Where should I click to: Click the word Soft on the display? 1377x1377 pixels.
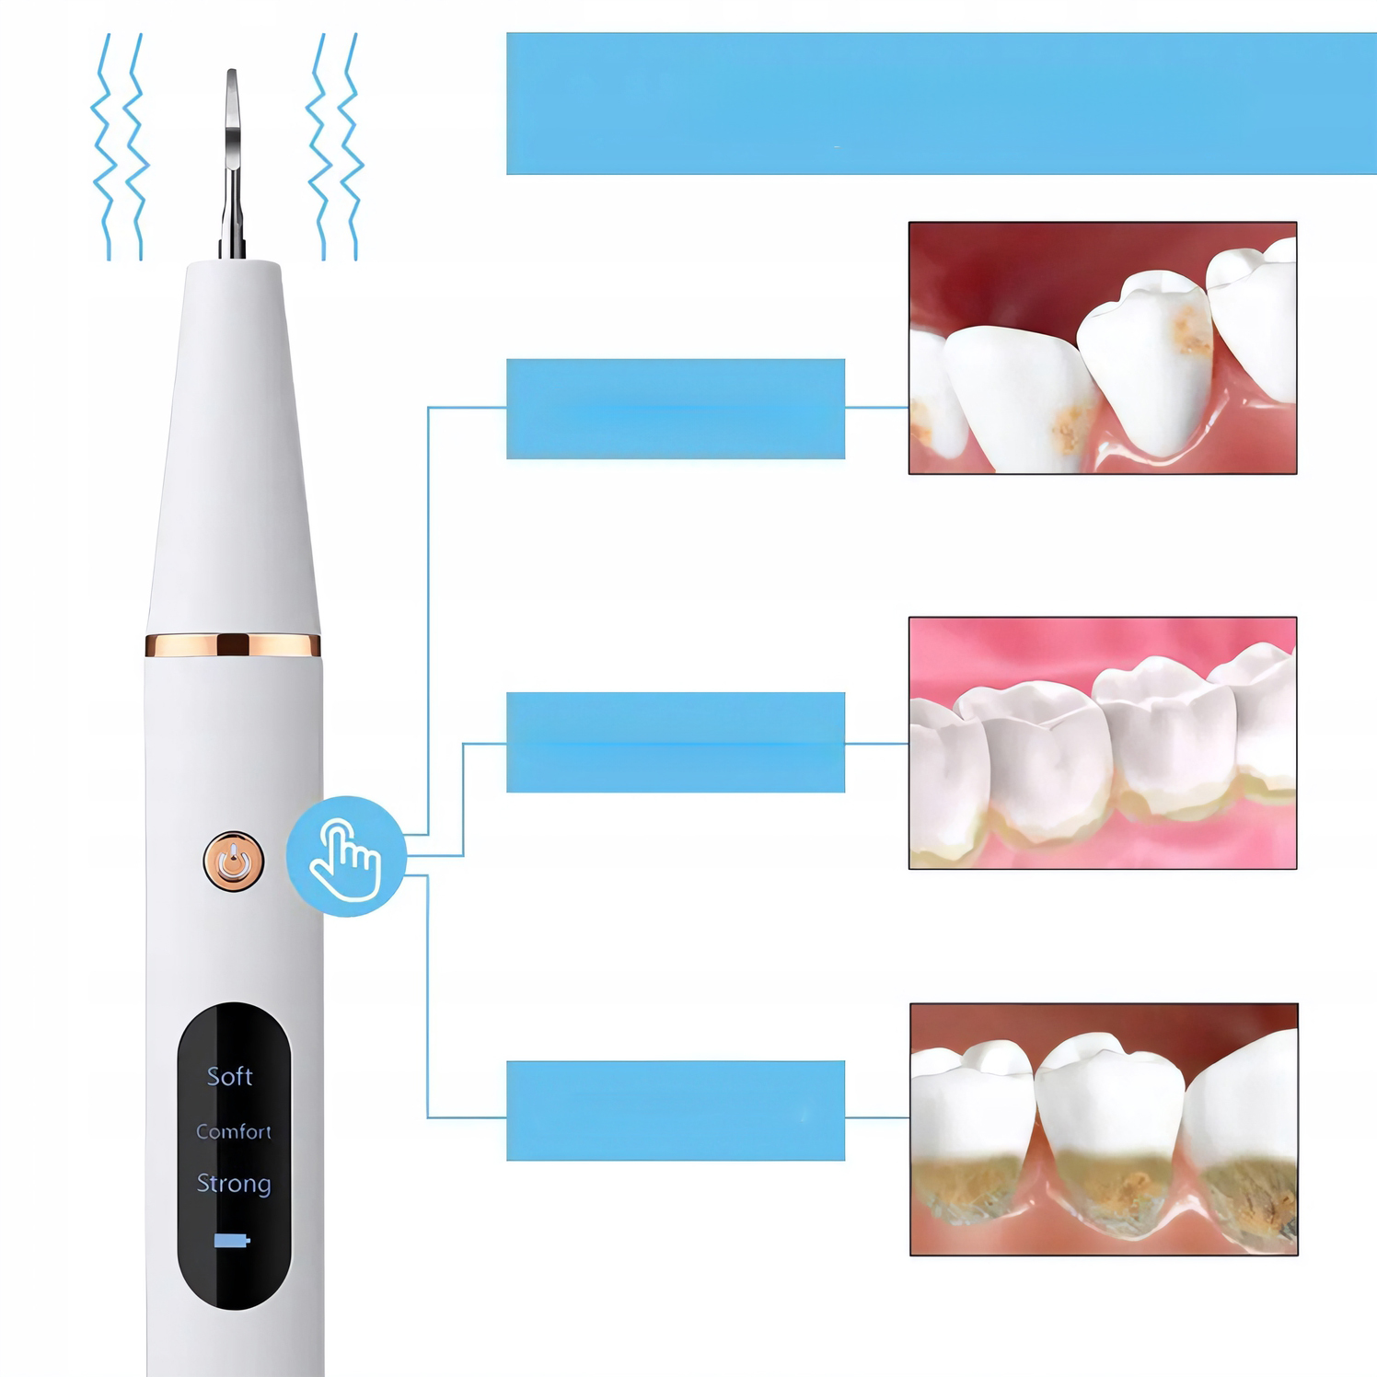pos(229,1076)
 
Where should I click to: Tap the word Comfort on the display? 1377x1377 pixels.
pos(234,1131)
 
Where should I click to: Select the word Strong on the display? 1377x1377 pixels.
pos(234,1184)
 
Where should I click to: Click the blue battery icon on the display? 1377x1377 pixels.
pos(232,1241)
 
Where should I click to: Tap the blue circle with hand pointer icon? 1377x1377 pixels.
pos(346,856)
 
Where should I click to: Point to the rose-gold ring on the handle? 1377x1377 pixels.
pos(233,644)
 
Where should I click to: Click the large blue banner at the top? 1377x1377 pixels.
pos(942,103)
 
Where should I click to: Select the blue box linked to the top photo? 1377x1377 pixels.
pos(676,409)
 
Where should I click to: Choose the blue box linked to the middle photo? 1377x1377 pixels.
pos(676,742)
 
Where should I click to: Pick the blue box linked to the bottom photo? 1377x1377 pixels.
pos(676,1110)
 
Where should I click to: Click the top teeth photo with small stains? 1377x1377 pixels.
pos(1103,348)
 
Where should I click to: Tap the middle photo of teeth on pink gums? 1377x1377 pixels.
pos(1103,743)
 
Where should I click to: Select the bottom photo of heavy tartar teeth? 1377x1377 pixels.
pos(1104,1129)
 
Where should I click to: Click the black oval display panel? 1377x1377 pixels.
pos(234,1156)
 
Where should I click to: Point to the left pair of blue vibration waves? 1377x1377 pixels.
pos(120,147)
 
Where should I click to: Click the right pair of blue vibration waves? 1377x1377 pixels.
pos(335,147)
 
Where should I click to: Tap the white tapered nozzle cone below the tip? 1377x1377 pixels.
pos(233,448)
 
